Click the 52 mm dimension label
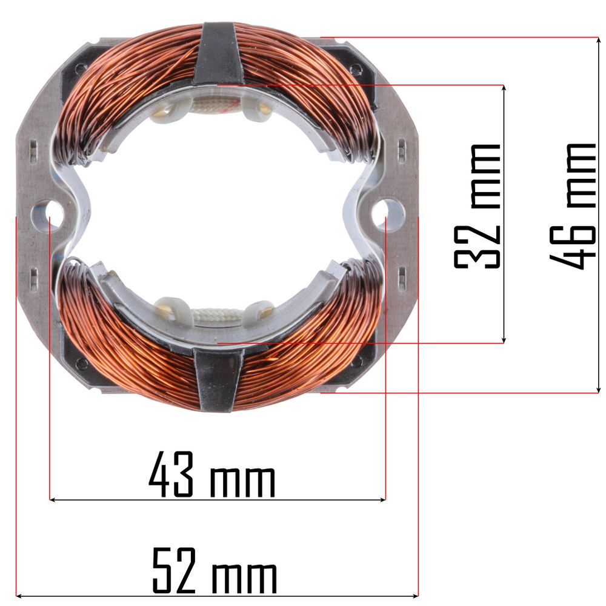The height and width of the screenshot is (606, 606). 215,571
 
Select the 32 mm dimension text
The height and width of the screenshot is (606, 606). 477,206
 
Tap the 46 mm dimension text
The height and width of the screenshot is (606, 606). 573,206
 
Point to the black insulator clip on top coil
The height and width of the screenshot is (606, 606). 216,53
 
